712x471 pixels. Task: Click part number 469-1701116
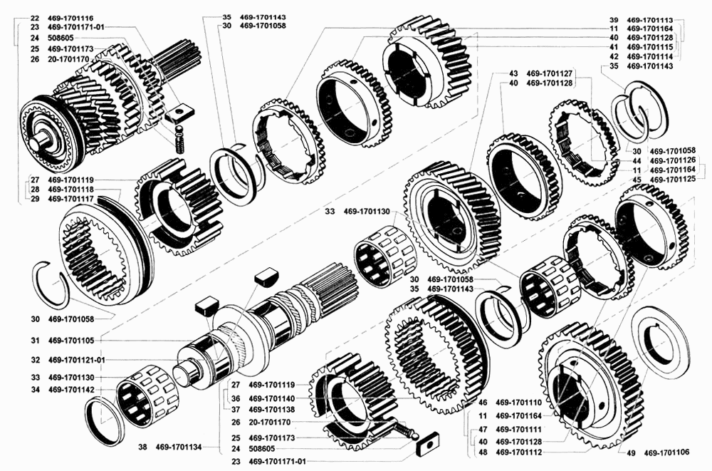70,19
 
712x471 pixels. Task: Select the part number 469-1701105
70,341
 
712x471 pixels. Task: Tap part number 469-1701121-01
76,360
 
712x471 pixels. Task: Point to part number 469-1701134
179,447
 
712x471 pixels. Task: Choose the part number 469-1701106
666,452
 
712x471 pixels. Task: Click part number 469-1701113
650,20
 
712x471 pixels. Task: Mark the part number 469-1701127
550,73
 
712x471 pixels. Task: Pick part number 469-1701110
518,403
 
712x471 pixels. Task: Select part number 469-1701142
70,390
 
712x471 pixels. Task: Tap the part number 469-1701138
271,410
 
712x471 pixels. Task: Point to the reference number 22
35,19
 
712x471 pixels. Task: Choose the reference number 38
142,447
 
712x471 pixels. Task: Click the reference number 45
637,180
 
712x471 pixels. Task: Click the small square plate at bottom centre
426,443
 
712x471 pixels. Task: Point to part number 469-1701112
518,452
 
